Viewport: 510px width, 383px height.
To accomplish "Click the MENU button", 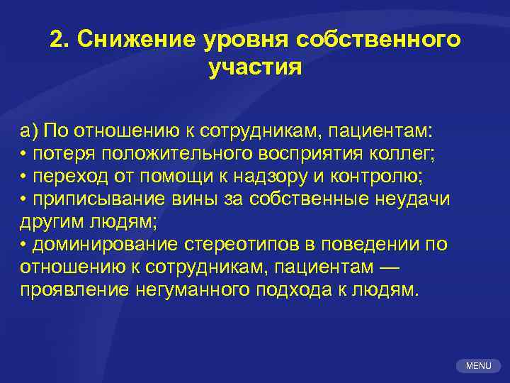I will (x=479, y=366).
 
